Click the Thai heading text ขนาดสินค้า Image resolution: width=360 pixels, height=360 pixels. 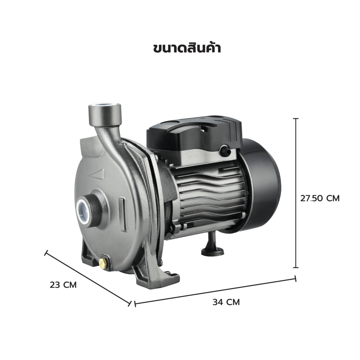point(187,48)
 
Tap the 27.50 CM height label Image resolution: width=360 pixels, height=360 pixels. point(320,198)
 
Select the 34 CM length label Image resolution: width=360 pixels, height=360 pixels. point(226,302)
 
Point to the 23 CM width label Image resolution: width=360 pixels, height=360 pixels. point(63,285)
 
